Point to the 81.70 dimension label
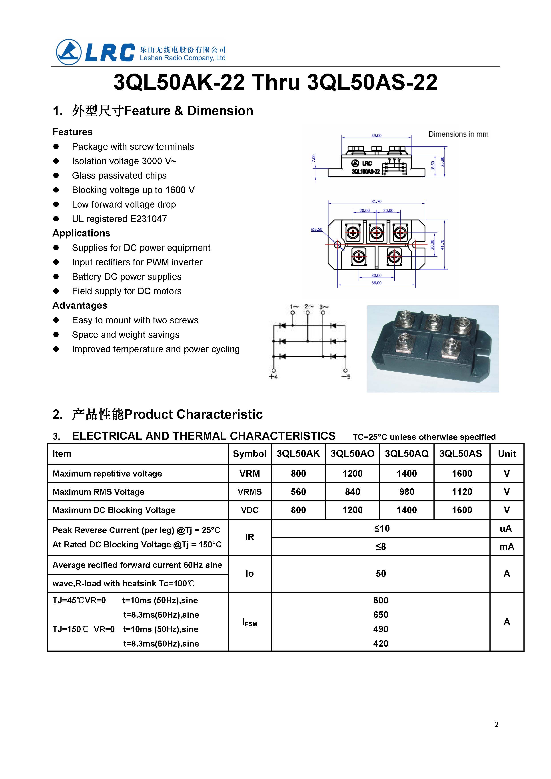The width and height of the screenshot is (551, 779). tap(376, 201)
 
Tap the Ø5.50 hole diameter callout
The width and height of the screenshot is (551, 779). tap(317, 229)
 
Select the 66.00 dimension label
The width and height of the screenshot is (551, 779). tap(376, 283)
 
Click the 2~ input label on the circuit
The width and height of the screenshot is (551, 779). tap(309, 306)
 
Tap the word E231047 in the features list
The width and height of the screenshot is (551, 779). tap(148, 219)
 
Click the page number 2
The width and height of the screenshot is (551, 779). tap(496, 724)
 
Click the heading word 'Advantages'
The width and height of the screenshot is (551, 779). tap(80, 306)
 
